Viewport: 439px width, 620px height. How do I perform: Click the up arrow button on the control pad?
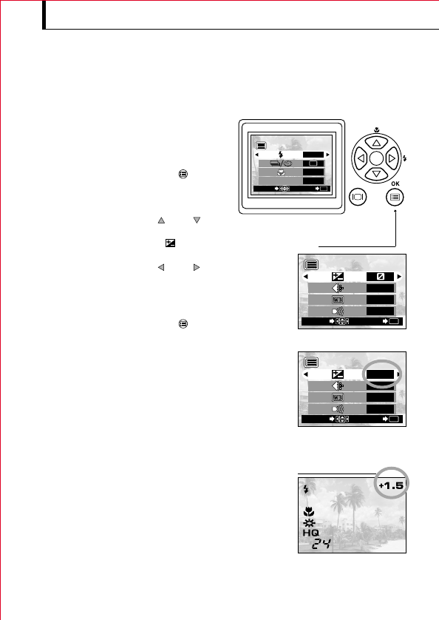tap(375, 142)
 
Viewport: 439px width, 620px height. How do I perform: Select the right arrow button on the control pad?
tap(392, 159)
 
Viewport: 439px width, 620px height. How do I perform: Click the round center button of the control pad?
tap(375, 159)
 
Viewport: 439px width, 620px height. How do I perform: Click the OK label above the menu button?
tap(397, 181)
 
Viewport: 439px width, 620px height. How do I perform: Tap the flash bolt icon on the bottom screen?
tap(305, 489)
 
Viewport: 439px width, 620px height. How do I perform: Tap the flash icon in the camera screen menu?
tap(280, 155)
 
